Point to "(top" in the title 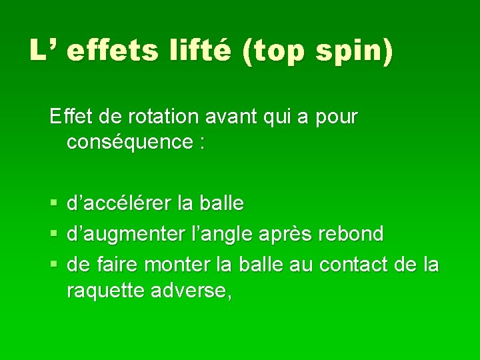273,51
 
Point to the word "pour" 335,117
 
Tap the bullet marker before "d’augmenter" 54,234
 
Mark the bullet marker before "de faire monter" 54,265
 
